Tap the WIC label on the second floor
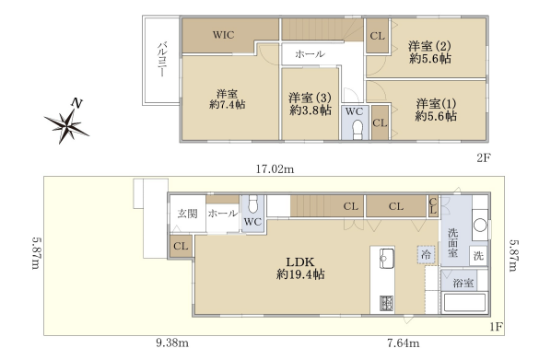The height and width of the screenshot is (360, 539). tap(223, 35)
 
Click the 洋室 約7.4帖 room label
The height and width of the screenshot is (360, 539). tap(228, 99)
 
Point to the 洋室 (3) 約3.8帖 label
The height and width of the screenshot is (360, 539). tap(311, 104)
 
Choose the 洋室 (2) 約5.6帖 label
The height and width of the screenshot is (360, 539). tap(429, 52)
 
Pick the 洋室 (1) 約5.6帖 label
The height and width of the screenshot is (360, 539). tap(436, 110)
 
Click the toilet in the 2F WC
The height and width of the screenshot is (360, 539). tap(357, 130)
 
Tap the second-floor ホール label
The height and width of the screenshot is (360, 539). tap(310, 54)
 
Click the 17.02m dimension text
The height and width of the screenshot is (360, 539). tap(275, 169)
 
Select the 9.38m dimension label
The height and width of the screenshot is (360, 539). tap(172, 343)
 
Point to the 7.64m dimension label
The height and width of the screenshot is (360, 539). tap(403, 343)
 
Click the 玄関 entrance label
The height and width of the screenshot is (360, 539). tap(187, 214)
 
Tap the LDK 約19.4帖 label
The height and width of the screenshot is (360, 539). tap(300, 268)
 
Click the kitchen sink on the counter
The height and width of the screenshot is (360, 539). tap(387, 259)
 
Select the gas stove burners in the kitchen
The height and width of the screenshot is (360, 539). tap(387, 304)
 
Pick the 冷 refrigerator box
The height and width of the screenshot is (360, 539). tap(426, 254)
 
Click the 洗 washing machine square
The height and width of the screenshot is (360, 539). tap(478, 256)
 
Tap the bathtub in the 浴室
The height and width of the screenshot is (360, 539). tap(464, 303)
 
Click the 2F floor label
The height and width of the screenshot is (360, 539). tap(484, 157)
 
